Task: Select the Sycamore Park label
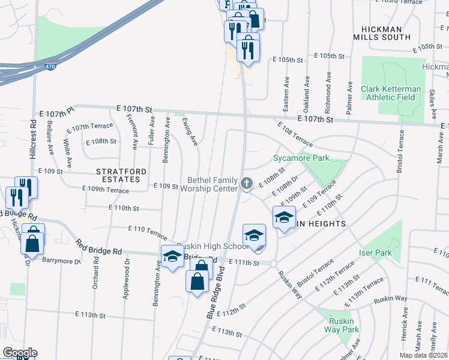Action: pos(301,158)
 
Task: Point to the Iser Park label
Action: pos(375,253)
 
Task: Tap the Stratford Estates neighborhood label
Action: pos(121,175)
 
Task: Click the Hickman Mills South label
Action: pos(387,32)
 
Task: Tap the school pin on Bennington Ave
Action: pos(172,256)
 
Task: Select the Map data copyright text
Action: pos(424,355)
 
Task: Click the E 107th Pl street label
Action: pos(55,112)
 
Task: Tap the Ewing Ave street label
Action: pos(190,131)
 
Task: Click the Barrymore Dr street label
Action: pos(61,260)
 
